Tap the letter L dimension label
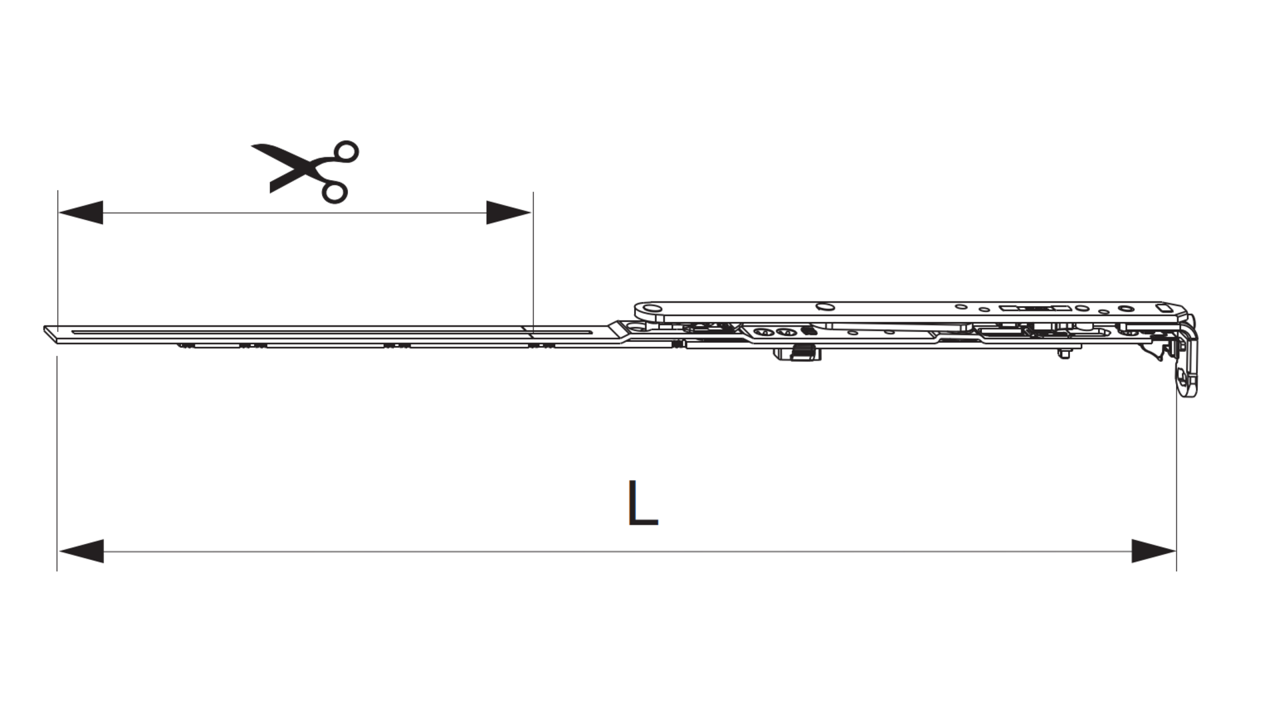643,503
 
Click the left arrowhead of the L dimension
81,551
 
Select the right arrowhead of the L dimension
1153,551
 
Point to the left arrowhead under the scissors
81,213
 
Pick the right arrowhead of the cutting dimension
509,213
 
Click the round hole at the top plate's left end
649,309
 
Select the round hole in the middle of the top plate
825,307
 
